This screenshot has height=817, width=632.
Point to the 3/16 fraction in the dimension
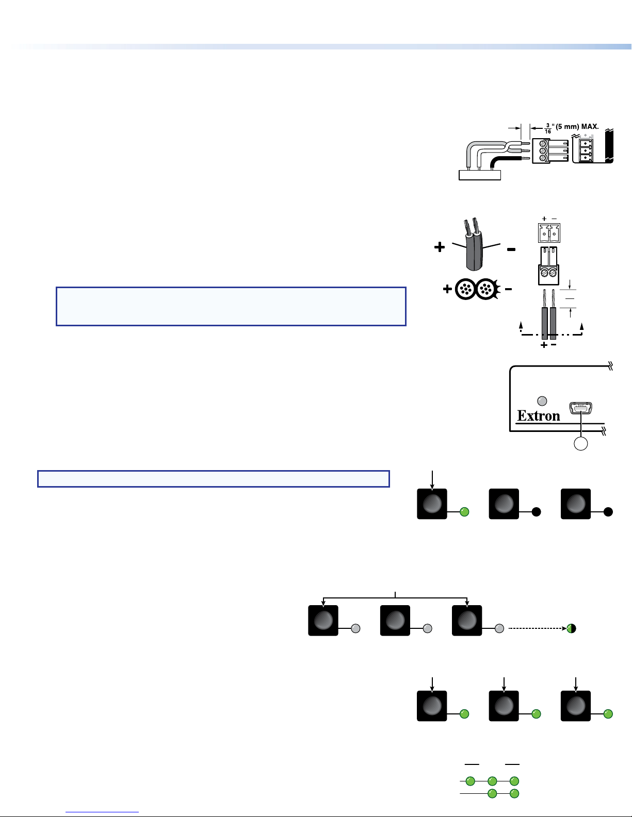548,128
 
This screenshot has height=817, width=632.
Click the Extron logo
538,416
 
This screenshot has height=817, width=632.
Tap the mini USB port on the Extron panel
581,408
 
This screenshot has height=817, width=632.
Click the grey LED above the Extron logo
542,401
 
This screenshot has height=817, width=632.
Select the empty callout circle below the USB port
580,444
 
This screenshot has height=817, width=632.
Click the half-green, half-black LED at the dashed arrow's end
572,628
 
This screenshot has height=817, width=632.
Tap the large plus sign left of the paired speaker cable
440,247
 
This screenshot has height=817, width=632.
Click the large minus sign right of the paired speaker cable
511,249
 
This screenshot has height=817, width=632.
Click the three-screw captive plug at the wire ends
550,151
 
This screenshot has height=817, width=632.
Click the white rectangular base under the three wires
480,175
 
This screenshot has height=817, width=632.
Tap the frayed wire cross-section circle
487,289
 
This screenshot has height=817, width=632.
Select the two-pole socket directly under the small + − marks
549,233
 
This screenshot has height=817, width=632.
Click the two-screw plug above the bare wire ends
548,266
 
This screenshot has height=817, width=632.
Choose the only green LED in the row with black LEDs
465,512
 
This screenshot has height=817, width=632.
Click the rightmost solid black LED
608,512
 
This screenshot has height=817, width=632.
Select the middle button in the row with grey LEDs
395,621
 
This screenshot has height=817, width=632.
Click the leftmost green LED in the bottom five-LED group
470,781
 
